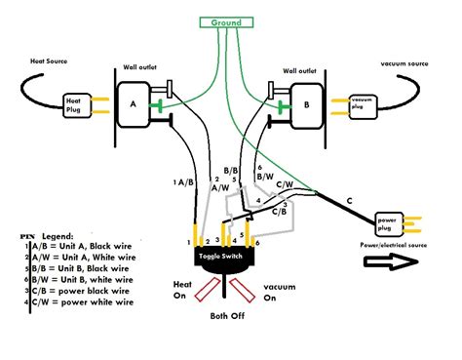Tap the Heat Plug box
click(x=76, y=103)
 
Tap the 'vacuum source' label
click(x=407, y=60)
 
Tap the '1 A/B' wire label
click(x=181, y=181)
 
